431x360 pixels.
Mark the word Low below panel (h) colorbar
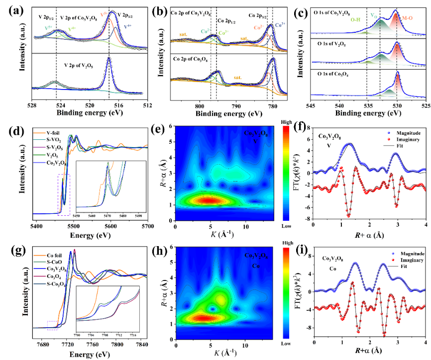point(280,343)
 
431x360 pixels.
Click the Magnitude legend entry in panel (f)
point(401,134)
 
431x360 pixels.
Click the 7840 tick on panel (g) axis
point(142,344)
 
